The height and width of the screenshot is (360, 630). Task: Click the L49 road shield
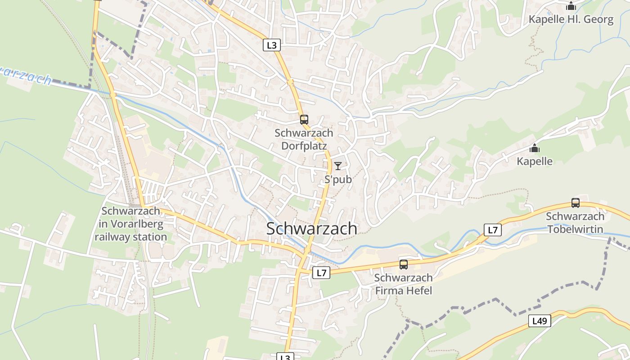(x=539, y=321)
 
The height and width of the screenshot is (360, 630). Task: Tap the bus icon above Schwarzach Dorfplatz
(x=304, y=120)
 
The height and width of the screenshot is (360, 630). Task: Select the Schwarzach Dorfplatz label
(x=304, y=139)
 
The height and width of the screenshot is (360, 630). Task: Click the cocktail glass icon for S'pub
(x=338, y=166)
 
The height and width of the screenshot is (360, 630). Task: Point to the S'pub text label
(x=338, y=180)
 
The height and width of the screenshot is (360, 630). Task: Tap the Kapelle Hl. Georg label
(x=571, y=19)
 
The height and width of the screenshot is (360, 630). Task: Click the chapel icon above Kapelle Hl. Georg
(x=571, y=6)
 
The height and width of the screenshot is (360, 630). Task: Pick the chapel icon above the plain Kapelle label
(x=535, y=148)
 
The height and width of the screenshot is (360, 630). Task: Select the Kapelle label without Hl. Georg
(x=535, y=161)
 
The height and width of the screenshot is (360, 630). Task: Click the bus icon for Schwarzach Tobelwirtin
(x=575, y=203)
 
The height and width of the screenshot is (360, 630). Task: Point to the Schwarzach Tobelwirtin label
(x=575, y=223)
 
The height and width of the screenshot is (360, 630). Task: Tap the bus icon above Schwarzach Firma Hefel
(x=404, y=265)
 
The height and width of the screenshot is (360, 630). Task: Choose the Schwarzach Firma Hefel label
(x=404, y=284)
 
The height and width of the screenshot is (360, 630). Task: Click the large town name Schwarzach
(x=312, y=229)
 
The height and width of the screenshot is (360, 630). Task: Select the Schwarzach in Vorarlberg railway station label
(x=130, y=224)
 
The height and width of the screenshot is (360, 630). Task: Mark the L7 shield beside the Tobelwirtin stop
(x=493, y=230)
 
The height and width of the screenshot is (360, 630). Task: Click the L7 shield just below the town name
(x=321, y=272)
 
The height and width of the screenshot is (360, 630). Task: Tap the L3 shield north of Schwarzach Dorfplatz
(x=272, y=45)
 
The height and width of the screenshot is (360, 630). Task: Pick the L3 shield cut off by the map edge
(x=285, y=357)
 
